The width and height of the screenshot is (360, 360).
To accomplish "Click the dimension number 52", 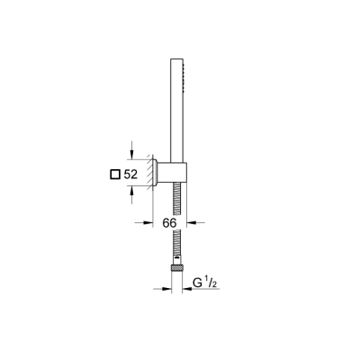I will click(x=130, y=175).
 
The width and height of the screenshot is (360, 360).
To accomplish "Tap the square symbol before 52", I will click(x=114, y=175).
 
